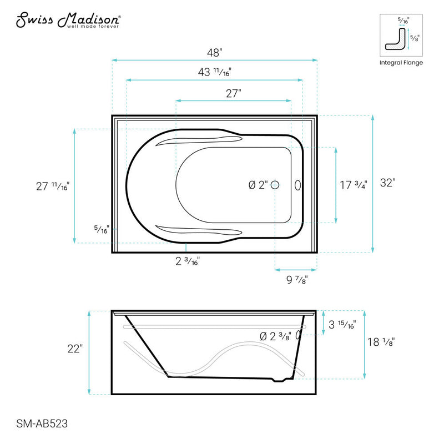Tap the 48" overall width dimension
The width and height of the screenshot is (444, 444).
214,53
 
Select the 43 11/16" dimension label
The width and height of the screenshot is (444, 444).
214,72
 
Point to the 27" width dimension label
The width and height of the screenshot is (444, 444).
233,93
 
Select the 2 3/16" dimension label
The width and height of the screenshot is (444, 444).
186,261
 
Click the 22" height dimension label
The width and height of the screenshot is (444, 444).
74,350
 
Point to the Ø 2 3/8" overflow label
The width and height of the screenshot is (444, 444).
275,335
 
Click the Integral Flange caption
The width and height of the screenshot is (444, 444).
401,63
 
